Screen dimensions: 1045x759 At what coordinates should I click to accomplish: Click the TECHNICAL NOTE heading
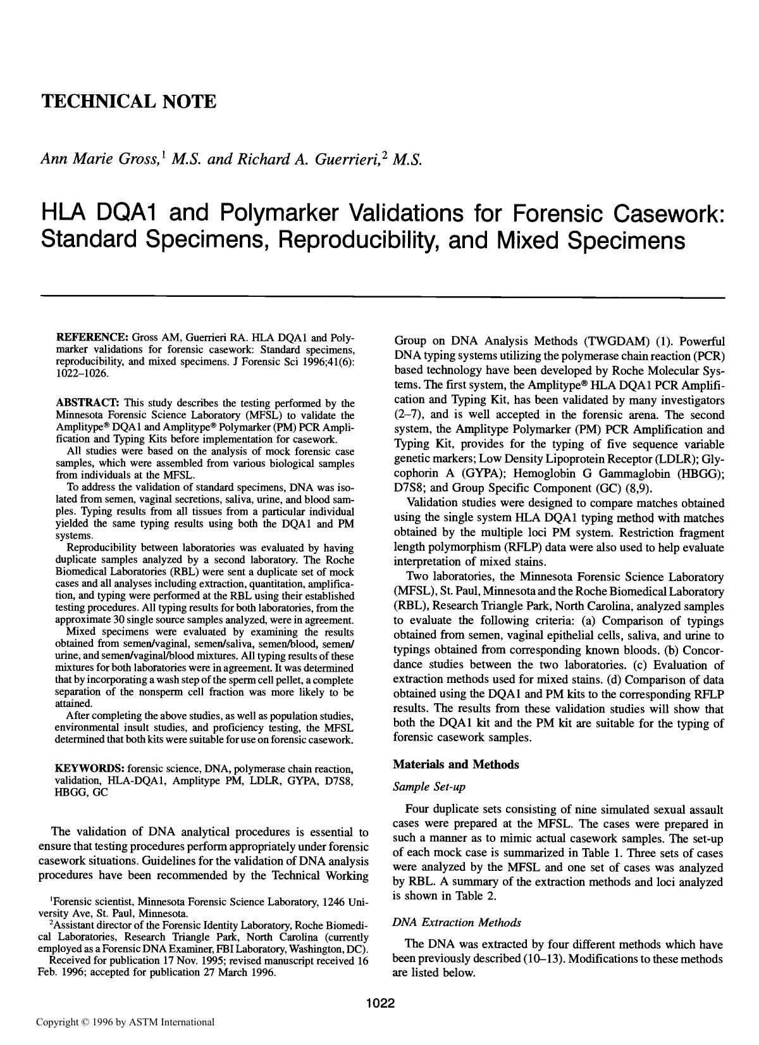[128, 102]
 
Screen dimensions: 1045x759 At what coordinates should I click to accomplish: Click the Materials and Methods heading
[456, 765]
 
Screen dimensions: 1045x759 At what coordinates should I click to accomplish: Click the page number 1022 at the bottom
[379, 1003]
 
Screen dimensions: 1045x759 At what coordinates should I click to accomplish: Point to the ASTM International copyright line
[125, 1022]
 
